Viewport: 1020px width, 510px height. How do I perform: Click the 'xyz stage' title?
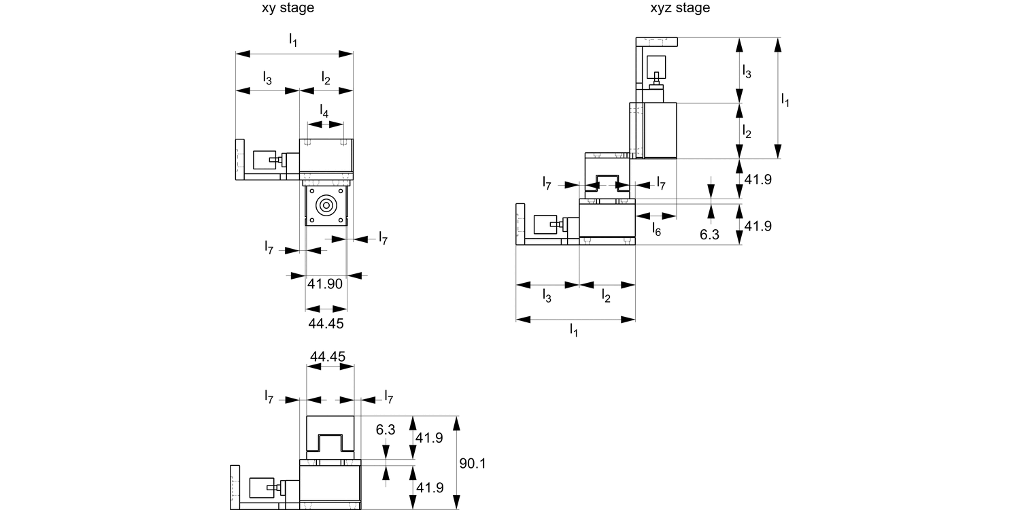679,8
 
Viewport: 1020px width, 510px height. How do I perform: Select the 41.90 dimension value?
324,284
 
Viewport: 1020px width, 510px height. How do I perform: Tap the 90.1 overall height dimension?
472,464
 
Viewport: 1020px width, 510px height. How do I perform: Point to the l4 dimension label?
324,111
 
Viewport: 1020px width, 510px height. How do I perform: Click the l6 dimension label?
656,229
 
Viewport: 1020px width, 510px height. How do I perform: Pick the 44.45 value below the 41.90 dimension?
326,324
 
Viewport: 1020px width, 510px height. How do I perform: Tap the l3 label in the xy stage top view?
267,78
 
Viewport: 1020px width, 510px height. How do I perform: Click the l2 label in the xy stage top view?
326,78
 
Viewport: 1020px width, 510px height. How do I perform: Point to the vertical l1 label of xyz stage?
785,99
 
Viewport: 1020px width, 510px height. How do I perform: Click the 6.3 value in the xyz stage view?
710,234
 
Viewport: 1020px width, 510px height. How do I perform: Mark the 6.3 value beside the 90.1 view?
385,430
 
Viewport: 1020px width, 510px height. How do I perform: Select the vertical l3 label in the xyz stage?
746,71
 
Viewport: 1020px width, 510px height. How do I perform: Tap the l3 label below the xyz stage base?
547,295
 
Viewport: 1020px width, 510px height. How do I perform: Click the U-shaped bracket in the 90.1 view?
330,441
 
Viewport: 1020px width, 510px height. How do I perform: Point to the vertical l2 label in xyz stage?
746,131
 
